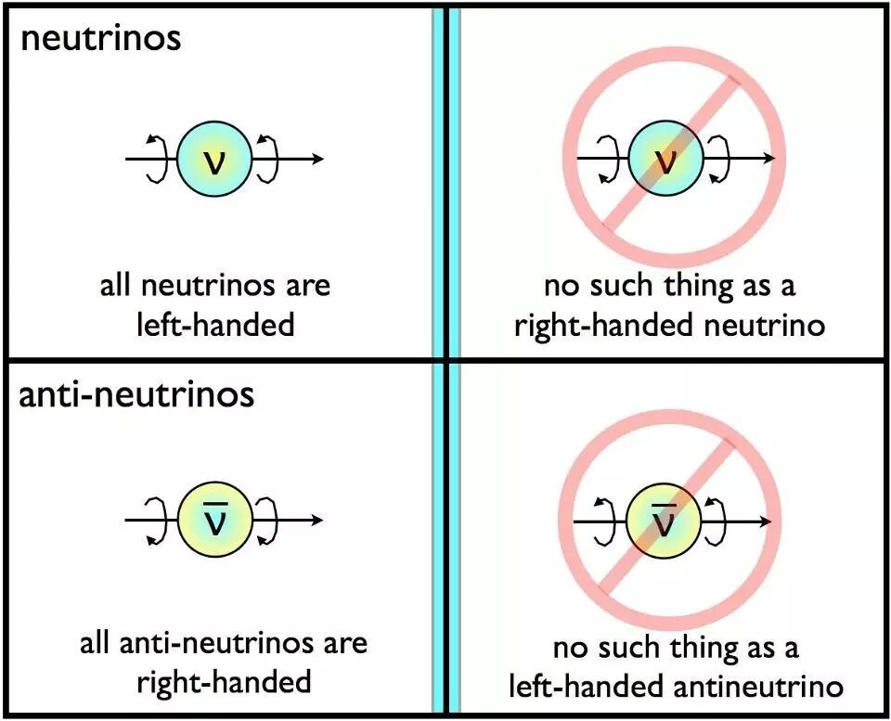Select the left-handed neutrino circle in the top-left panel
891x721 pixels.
pyautogui.click(x=214, y=159)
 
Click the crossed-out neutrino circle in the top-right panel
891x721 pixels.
pyautogui.click(x=665, y=159)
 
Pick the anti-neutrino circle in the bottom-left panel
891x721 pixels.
pyautogui.click(x=214, y=520)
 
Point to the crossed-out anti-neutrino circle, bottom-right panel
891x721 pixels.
pyautogui.click(x=664, y=521)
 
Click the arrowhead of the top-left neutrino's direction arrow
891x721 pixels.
pyautogui.click(x=317, y=159)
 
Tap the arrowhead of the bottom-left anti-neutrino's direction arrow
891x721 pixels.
pyautogui.click(x=317, y=520)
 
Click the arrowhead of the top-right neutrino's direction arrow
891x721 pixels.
pyautogui.click(x=768, y=159)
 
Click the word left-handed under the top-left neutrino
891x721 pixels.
pyautogui.click(x=215, y=325)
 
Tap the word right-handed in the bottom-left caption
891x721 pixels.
pyautogui.click(x=224, y=683)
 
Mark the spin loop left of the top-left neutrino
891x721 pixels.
pyautogui.click(x=158, y=159)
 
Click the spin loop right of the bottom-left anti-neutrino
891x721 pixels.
pyautogui.click(x=268, y=520)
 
